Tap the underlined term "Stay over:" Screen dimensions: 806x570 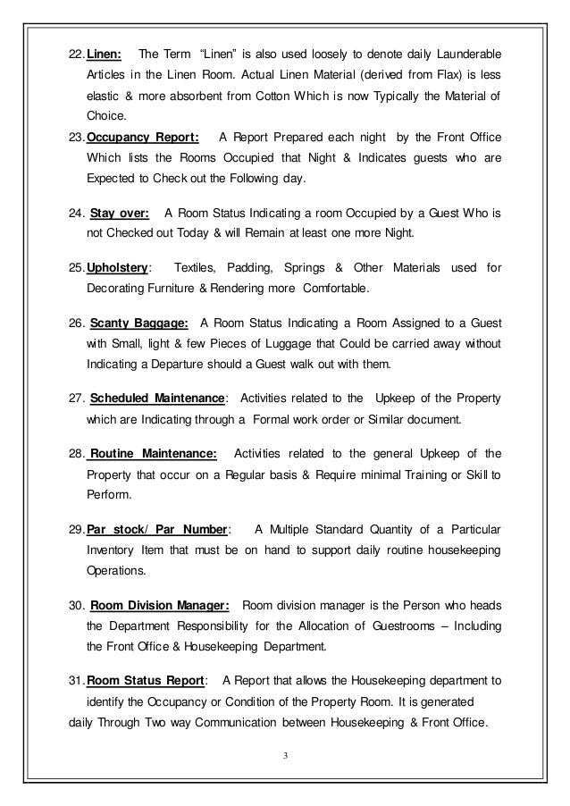coord(120,214)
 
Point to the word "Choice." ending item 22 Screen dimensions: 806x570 coord(107,116)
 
